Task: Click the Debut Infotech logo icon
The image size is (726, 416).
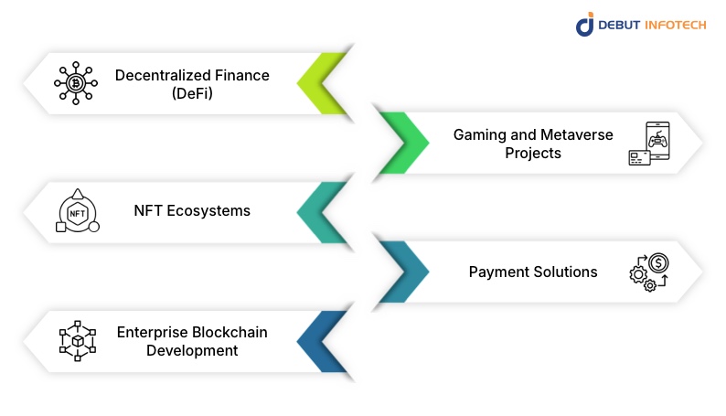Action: click(585, 25)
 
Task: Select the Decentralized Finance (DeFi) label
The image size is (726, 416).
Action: click(192, 83)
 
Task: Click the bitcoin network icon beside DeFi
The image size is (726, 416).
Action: click(77, 83)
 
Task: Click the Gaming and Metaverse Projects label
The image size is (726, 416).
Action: click(533, 144)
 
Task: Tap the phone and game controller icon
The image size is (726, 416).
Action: click(648, 144)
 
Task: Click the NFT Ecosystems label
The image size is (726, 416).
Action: click(192, 211)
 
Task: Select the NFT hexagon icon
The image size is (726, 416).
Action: click(77, 212)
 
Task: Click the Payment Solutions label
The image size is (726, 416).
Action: click(533, 272)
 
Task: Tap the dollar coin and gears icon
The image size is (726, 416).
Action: click(649, 272)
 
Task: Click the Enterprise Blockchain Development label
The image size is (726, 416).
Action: click(192, 341)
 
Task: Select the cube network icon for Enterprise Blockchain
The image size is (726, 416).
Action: click(77, 341)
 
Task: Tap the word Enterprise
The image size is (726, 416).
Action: click(152, 332)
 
